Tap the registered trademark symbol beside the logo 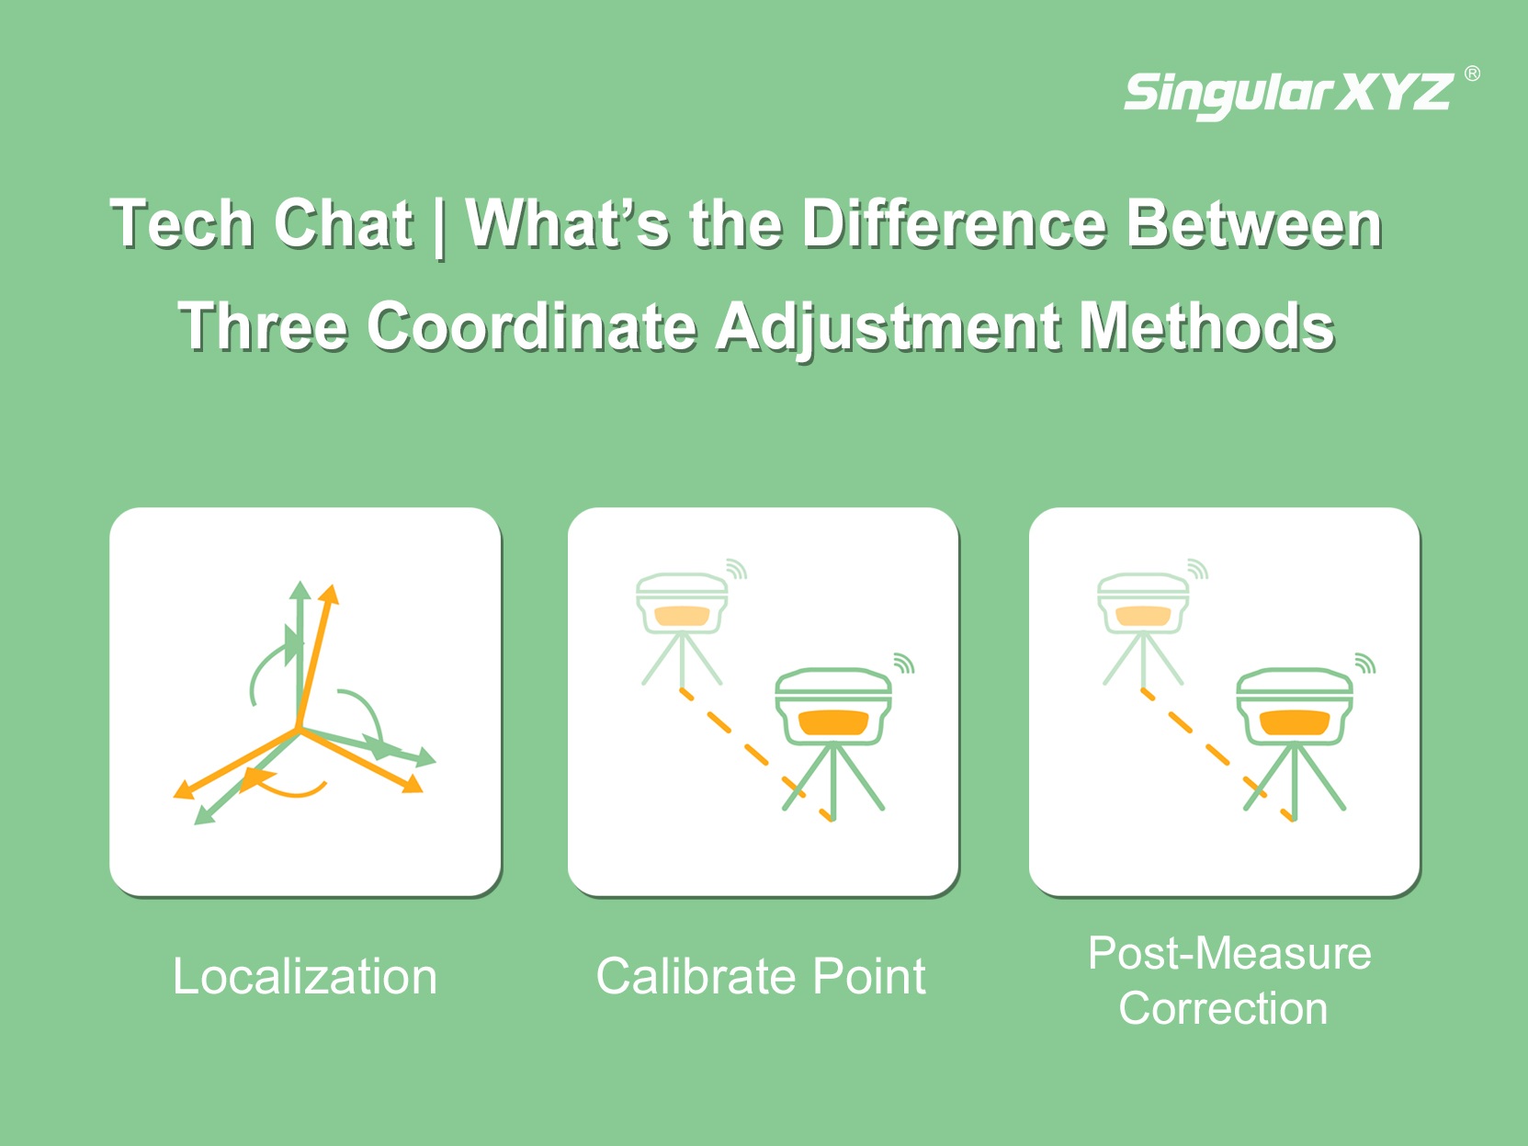[1472, 74]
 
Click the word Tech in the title [182, 223]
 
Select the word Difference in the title [954, 223]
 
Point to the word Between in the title [1254, 223]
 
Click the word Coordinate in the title [532, 326]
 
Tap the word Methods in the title [1206, 326]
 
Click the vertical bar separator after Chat [438, 227]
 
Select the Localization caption [305, 976]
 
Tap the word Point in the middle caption [869, 976]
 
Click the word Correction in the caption [1223, 1008]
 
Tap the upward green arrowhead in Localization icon [300, 590]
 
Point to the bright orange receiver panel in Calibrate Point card [833, 722]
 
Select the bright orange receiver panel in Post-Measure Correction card [1295, 722]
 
